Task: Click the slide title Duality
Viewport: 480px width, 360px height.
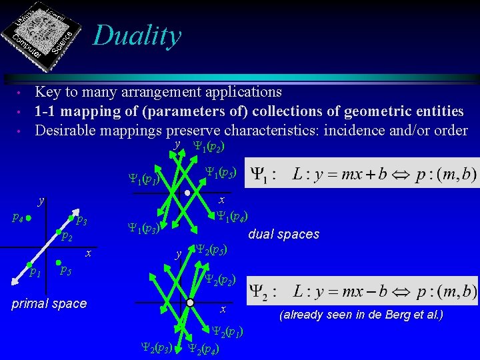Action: tap(137, 35)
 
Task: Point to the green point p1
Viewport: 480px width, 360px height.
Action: tap(29, 265)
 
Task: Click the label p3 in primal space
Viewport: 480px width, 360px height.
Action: tap(81, 221)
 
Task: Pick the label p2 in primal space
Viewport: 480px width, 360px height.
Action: tap(65, 237)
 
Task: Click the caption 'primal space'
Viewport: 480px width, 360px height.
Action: tap(49, 303)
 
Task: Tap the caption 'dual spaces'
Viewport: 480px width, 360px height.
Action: tap(283, 234)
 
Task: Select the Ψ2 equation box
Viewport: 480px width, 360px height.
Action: tap(362, 291)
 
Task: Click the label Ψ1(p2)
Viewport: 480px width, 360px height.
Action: tap(207, 146)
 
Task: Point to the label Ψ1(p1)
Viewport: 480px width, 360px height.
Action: tap(143, 179)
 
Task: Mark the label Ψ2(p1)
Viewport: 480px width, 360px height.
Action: tap(227, 331)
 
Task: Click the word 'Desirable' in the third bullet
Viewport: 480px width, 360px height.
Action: tap(66, 130)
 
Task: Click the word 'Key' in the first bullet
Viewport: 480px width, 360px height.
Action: tap(48, 91)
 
